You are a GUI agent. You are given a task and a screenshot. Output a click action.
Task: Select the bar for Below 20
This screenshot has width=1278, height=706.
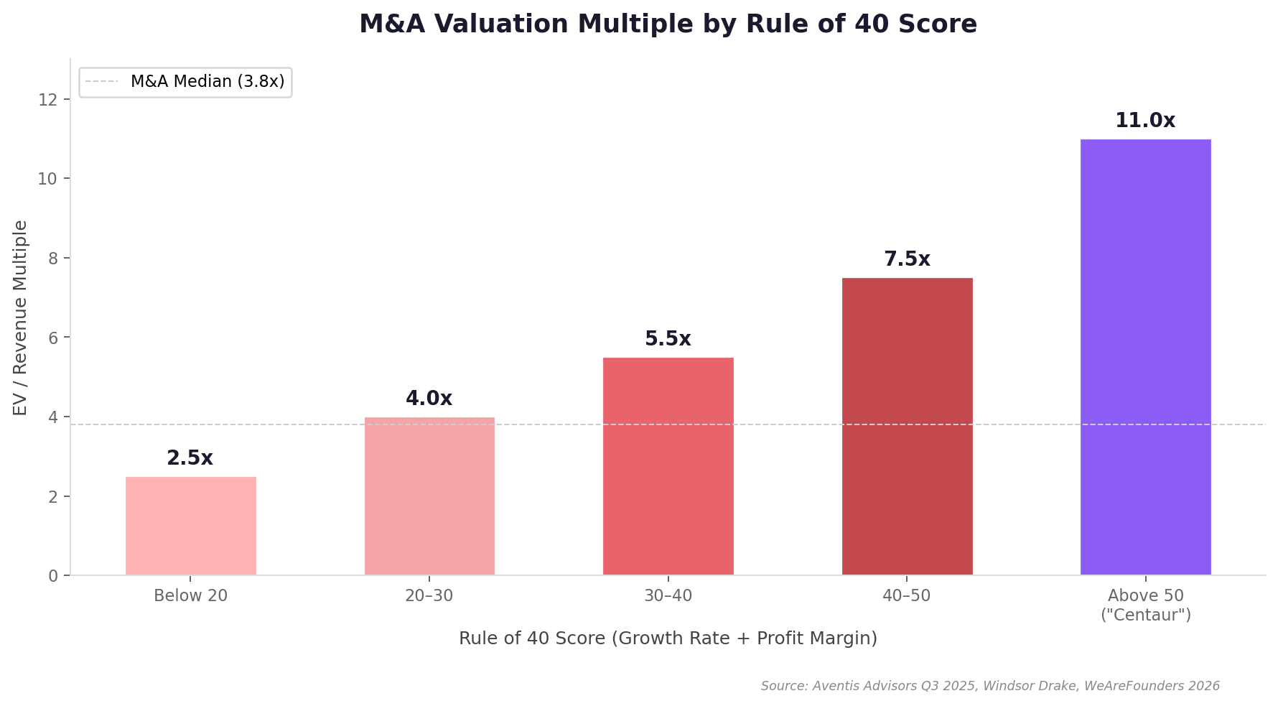tap(190, 526)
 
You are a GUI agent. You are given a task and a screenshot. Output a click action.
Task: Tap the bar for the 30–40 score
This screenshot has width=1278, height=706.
tap(668, 466)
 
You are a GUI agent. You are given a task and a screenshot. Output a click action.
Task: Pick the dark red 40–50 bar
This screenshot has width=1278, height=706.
tap(907, 427)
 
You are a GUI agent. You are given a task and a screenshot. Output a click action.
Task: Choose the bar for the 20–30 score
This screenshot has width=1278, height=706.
tap(429, 496)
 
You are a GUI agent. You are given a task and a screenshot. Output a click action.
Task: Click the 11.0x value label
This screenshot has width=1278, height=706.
tap(1145, 121)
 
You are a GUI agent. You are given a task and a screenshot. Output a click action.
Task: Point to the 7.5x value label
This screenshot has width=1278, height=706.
tap(907, 259)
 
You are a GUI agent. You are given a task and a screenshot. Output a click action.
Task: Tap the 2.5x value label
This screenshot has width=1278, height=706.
tap(190, 458)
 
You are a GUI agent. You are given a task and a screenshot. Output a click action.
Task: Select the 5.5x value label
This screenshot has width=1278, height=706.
tap(668, 339)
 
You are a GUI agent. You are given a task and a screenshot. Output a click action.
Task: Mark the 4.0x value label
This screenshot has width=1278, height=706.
tap(429, 399)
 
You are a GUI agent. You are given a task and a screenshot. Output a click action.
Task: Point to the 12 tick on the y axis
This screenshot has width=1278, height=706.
tap(47, 99)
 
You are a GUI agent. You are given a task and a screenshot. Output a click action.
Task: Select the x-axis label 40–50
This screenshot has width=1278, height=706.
tap(907, 596)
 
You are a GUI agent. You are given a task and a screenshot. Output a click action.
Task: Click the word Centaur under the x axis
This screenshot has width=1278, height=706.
tap(1146, 616)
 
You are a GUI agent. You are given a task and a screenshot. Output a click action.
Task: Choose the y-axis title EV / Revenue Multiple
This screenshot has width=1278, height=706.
tap(20, 317)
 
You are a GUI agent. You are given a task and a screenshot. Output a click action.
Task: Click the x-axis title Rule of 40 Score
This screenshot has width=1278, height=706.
tap(668, 638)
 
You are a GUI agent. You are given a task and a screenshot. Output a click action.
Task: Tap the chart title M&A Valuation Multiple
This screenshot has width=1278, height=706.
tap(668, 24)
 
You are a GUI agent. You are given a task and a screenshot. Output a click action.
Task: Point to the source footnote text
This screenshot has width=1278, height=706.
tap(990, 686)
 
